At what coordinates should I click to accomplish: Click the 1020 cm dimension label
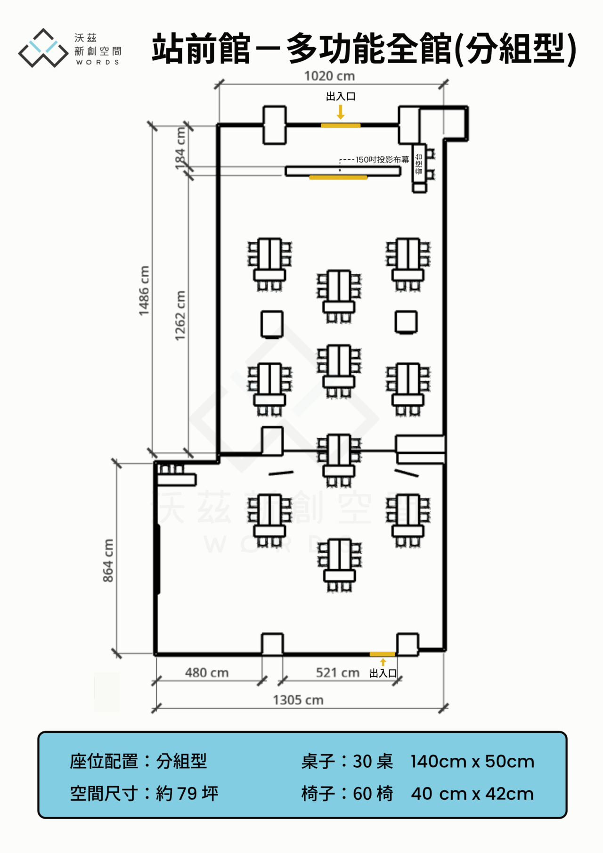(x=329, y=76)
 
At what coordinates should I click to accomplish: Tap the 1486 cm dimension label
(x=144, y=291)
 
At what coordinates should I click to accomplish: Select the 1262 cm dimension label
(x=180, y=315)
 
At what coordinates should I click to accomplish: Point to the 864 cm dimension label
(x=108, y=560)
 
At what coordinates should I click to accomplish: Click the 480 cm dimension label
(x=207, y=673)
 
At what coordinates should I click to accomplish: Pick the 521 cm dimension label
(x=338, y=673)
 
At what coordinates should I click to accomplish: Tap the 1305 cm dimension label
(x=298, y=700)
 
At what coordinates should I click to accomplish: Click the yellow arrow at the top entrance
(x=341, y=112)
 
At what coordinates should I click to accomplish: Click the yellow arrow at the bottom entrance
(x=383, y=662)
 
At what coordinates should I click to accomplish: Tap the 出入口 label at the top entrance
(x=341, y=97)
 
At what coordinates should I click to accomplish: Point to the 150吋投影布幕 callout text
(x=383, y=160)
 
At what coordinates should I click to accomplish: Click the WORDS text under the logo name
(x=98, y=62)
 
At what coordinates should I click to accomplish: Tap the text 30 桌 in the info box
(x=373, y=762)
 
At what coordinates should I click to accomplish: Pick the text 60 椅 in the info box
(x=373, y=794)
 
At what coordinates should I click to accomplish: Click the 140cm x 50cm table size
(x=473, y=762)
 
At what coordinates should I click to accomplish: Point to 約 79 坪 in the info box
(x=187, y=794)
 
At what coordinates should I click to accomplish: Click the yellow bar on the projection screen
(x=338, y=178)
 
